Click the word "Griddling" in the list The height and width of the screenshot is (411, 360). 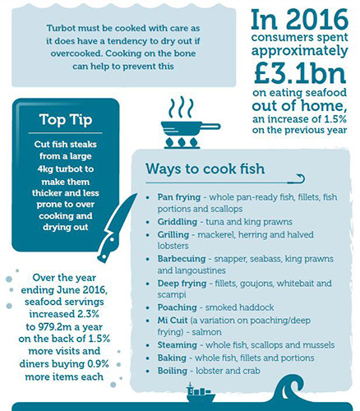click(178, 222)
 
